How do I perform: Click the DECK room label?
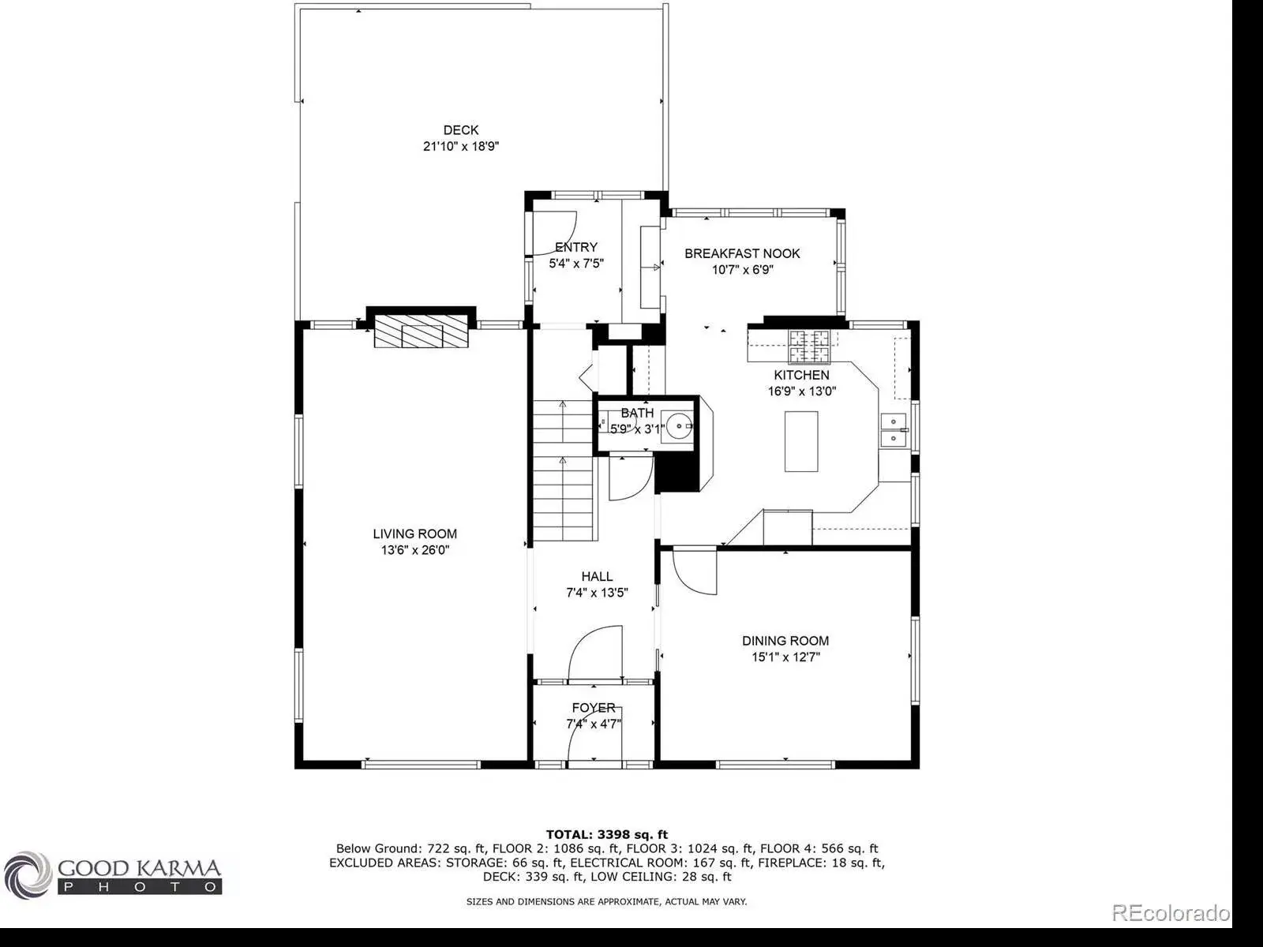pyautogui.click(x=460, y=130)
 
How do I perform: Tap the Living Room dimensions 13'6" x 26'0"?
pyautogui.click(x=415, y=550)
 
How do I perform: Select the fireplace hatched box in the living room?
pyautogui.click(x=422, y=331)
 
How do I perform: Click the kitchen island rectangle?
pyautogui.click(x=801, y=442)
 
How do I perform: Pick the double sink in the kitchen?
pyautogui.click(x=893, y=430)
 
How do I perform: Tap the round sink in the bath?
pyautogui.click(x=678, y=426)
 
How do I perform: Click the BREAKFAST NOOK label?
pyautogui.click(x=742, y=253)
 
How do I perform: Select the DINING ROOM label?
pyautogui.click(x=785, y=641)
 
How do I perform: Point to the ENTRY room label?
pyautogui.click(x=576, y=247)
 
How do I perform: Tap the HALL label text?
pyautogui.click(x=597, y=576)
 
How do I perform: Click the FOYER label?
pyautogui.click(x=594, y=707)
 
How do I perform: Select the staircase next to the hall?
pyautogui.click(x=563, y=470)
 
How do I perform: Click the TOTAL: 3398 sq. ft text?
pyautogui.click(x=606, y=834)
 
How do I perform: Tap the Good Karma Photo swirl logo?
pyautogui.click(x=28, y=875)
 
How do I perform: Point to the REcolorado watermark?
pyautogui.click(x=1171, y=912)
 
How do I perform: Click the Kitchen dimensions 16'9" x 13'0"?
pyautogui.click(x=801, y=391)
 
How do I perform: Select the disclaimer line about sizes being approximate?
pyautogui.click(x=606, y=901)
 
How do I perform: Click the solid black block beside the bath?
pyautogui.click(x=678, y=472)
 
